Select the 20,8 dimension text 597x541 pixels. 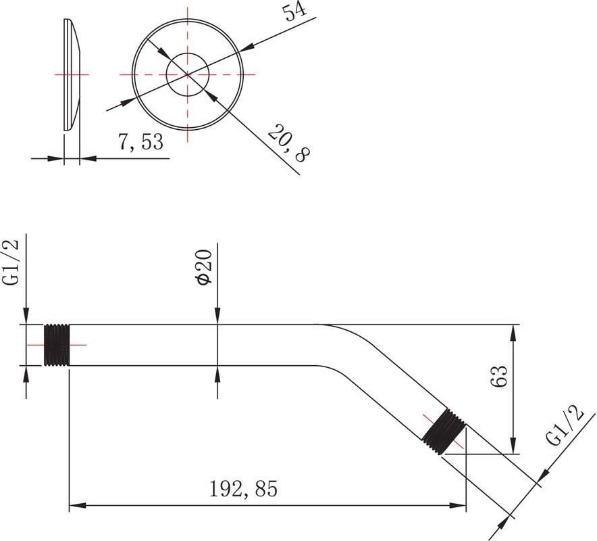(x=288, y=143)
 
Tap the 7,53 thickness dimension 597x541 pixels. (x=141, y=142)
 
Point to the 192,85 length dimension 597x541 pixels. (x=244, y=489)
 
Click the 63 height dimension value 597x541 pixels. (x=500, y=376)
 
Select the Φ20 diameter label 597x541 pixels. (x=204, y=267)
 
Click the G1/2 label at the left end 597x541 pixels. (x=11, y=262)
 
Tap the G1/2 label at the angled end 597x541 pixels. (x=565, y=425)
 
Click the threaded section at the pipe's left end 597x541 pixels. (x=57, y=345)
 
